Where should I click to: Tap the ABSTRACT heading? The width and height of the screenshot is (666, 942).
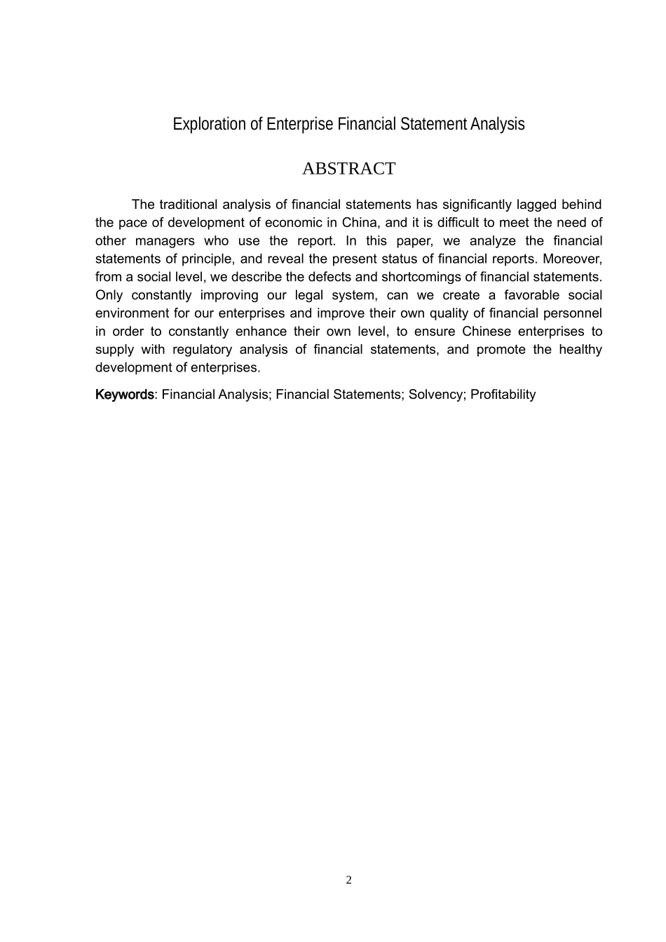coord(348,169)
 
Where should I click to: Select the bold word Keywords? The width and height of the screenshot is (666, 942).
coord(124,395)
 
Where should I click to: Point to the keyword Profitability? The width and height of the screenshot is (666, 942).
coord(503,395)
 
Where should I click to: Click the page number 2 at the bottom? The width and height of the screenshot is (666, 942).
coord(348,880)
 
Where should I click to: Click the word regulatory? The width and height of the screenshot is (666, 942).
coord(202,350)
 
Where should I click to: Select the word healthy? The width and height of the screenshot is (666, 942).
coord(580,350)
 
